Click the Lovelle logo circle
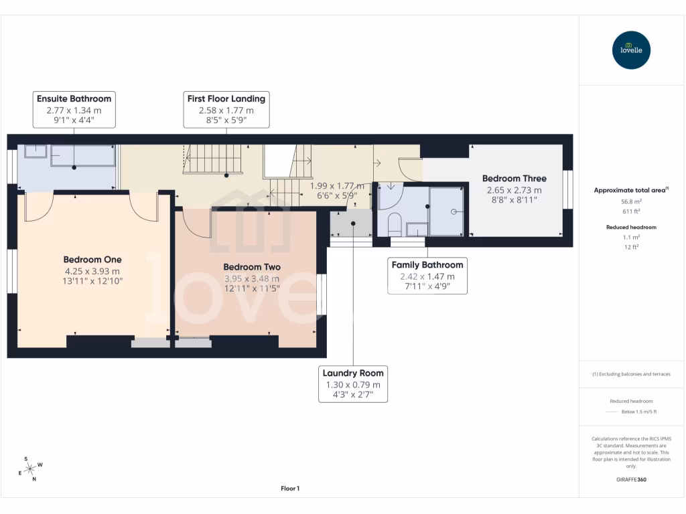(631, 50)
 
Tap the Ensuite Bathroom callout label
(74, 98)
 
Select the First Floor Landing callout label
(226, 98)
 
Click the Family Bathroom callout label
(427, 265)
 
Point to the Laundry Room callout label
(353, 373)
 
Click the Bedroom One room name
(92, 260)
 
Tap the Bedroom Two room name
(252, 267)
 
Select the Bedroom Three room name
(514, 179)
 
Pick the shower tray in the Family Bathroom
(445, 211)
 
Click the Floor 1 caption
(290, 489)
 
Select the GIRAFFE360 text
(631, 480)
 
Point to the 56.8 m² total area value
(631, 200)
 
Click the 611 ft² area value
(631, 211)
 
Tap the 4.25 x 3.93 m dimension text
(92, 271)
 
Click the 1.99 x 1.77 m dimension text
(337, 186)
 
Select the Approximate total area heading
(630, 190)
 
